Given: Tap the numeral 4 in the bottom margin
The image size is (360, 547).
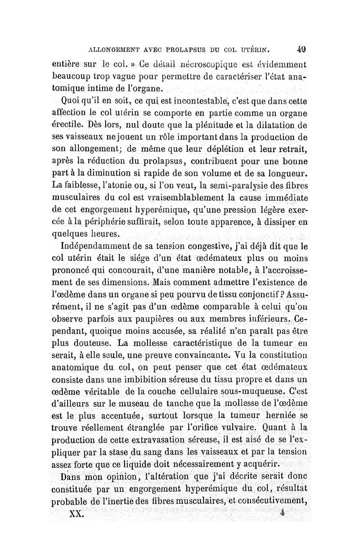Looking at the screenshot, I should (x=282, y=512).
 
